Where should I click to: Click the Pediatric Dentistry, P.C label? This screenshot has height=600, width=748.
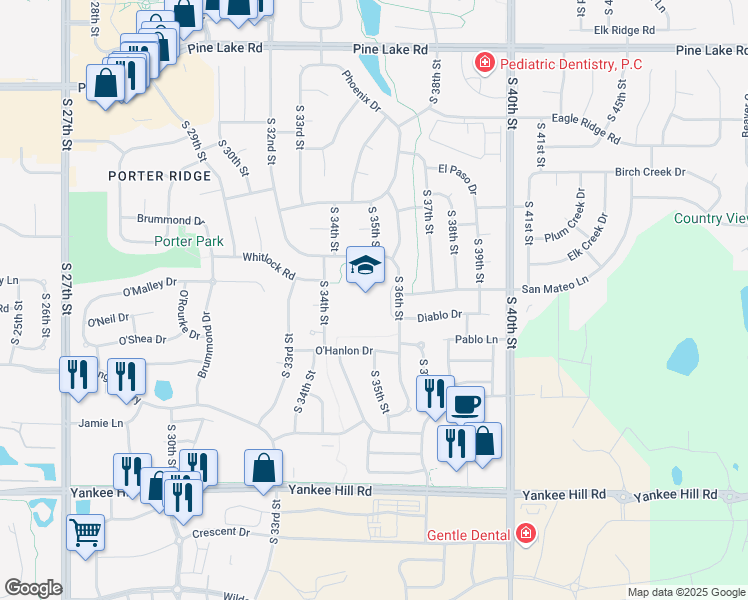pos(570,64)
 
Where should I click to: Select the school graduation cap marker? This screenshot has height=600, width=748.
pos(365,266)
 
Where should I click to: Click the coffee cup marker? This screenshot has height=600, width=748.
pos(465,405)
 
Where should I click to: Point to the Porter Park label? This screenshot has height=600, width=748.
pos(189,241)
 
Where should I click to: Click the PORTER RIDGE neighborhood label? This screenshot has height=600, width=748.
pos(160,176)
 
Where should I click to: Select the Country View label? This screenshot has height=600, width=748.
pos(711,218)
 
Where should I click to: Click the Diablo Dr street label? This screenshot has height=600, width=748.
pos(440,314)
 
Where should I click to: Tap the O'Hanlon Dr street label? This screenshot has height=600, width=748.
pos(343,351)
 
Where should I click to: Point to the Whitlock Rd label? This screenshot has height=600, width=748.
pos(269,264)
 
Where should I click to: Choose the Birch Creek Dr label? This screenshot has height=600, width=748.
pos(650,172)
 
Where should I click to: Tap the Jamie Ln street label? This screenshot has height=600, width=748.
pos(101,423)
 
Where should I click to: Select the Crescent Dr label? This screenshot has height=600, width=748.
pos(221,531)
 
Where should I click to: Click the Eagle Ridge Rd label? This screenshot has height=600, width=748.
pos(586,124)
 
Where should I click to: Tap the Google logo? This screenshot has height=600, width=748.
pos(33,588)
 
